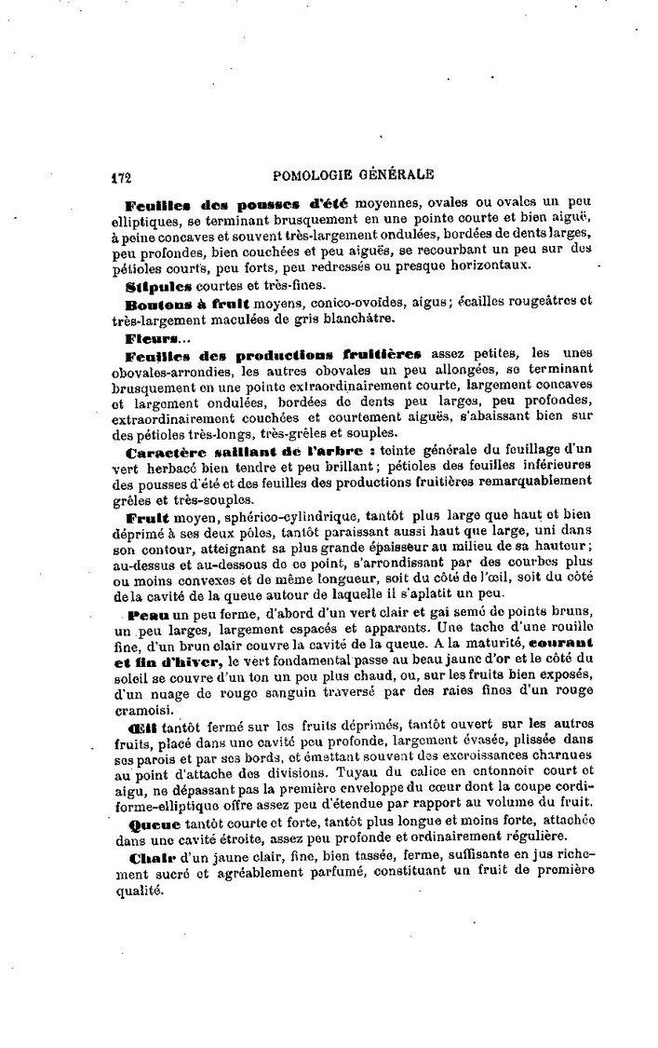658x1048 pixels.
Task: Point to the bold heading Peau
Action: [145, 617]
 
